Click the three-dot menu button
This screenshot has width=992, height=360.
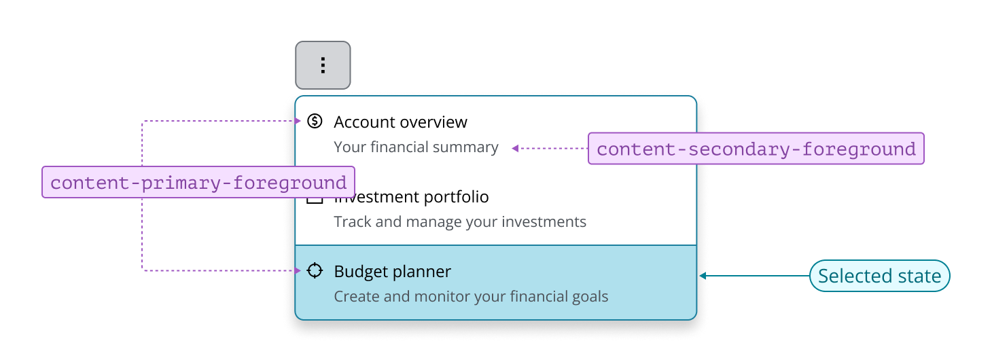click(323, 65)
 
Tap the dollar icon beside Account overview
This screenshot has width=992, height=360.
click(315, 121)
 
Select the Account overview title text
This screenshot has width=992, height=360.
click(400, 122)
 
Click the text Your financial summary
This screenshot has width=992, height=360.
click(416, 147)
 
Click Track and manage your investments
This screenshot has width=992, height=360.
click(460, 222)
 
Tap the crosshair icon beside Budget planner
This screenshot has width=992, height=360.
click(315, 270)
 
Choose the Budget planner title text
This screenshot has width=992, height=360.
click(392, 272)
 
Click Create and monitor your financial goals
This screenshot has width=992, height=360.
click(471, 297)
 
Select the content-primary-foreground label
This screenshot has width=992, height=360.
click(198, 183)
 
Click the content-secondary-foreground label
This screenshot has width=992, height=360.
click(756, 149)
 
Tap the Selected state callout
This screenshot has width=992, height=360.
click(879, 276)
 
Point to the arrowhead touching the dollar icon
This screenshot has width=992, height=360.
click(298, 121)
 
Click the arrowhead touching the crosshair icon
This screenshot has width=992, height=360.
click(298, 270)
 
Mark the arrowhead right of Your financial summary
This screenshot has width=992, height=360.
click(515, 148)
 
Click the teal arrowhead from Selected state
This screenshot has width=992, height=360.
click(703, 276)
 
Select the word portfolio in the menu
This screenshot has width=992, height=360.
click(456, 197)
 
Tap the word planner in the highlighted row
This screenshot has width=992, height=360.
click(423, 272)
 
